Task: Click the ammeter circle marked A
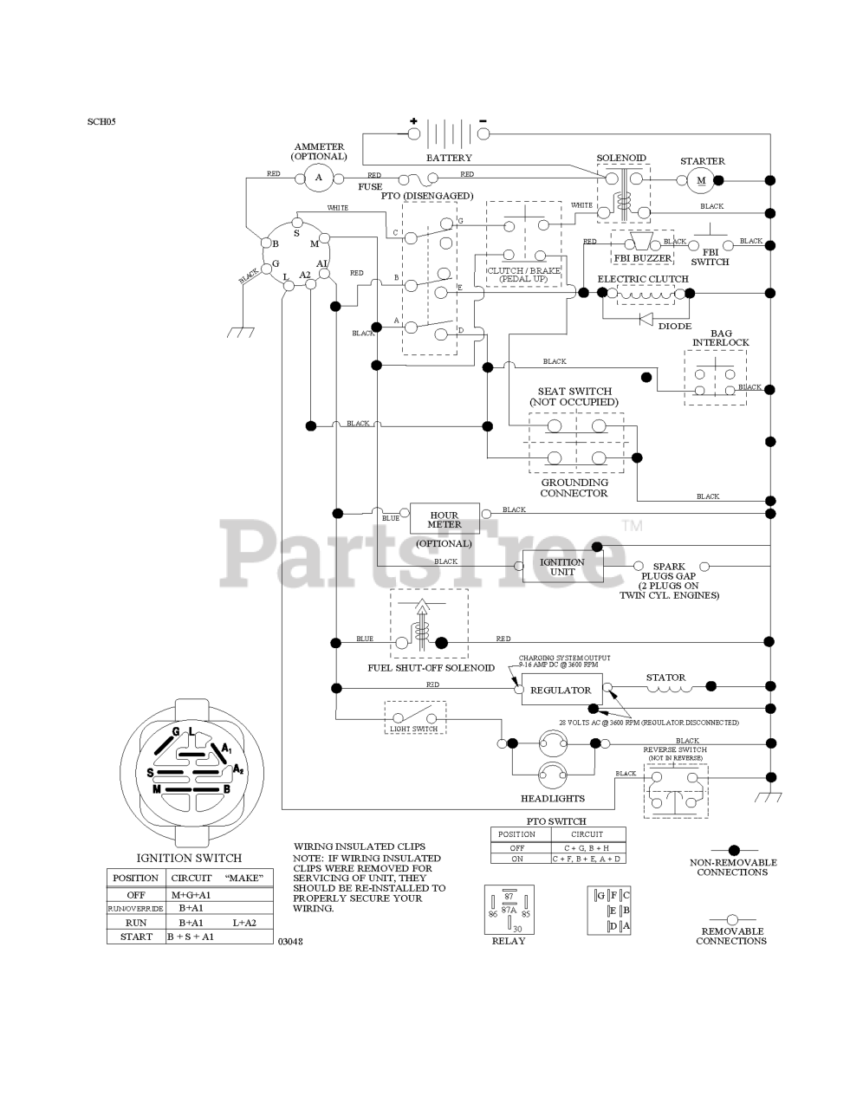click(x=318, y=178)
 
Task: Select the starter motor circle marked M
click(x=702, y=180)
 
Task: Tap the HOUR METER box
click(x=444, y=520)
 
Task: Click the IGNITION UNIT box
click(x=563, y=567)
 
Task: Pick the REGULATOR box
click(x=561, y=691)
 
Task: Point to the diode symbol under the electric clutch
click(x=645, y=319)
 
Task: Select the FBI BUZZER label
click(x=642, y=258)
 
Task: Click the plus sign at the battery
click(x=413, y=121)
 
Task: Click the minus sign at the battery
click(x=483, y=120)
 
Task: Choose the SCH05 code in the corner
click(x=101, y=121)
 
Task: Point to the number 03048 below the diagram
click(x=290, y=941)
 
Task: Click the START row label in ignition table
click(x=136, y=937)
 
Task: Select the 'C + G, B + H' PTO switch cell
click(x=587, y=847)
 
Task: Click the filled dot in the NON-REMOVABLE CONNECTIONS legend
click(x=733, y=850)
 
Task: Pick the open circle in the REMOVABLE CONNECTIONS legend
click(x=732, y=919)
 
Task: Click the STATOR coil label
click(x=665, y=678)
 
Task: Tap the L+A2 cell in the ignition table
click(x=244, y=923)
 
